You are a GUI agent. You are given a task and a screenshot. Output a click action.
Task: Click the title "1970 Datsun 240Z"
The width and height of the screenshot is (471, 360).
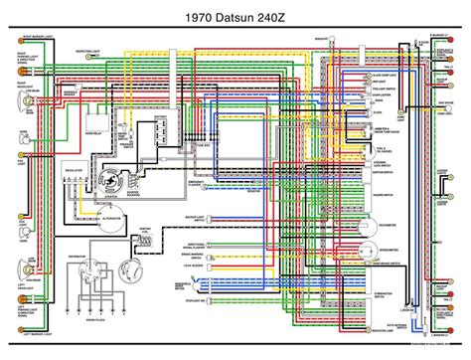click(x=235, y=17)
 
